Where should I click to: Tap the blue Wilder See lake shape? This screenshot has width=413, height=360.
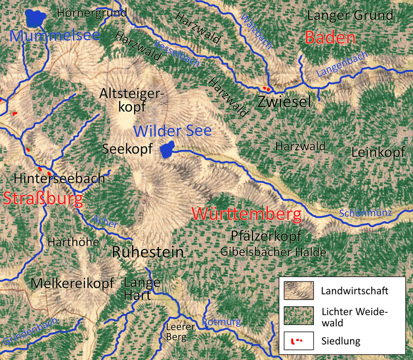tap(166, 151)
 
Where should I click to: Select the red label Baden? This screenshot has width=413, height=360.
tap(330, 38)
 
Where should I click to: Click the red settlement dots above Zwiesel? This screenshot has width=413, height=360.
tap(266, 89)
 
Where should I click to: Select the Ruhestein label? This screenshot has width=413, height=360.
tap(148, 252)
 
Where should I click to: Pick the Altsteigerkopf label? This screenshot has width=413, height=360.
tap(131, 100)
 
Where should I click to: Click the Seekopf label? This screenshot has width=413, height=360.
tap(128, 149)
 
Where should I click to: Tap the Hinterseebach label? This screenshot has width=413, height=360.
tap(60, 179)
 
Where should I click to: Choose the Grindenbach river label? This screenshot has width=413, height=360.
tap(30, 331)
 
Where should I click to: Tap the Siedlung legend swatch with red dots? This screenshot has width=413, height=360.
tap(298, 341)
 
